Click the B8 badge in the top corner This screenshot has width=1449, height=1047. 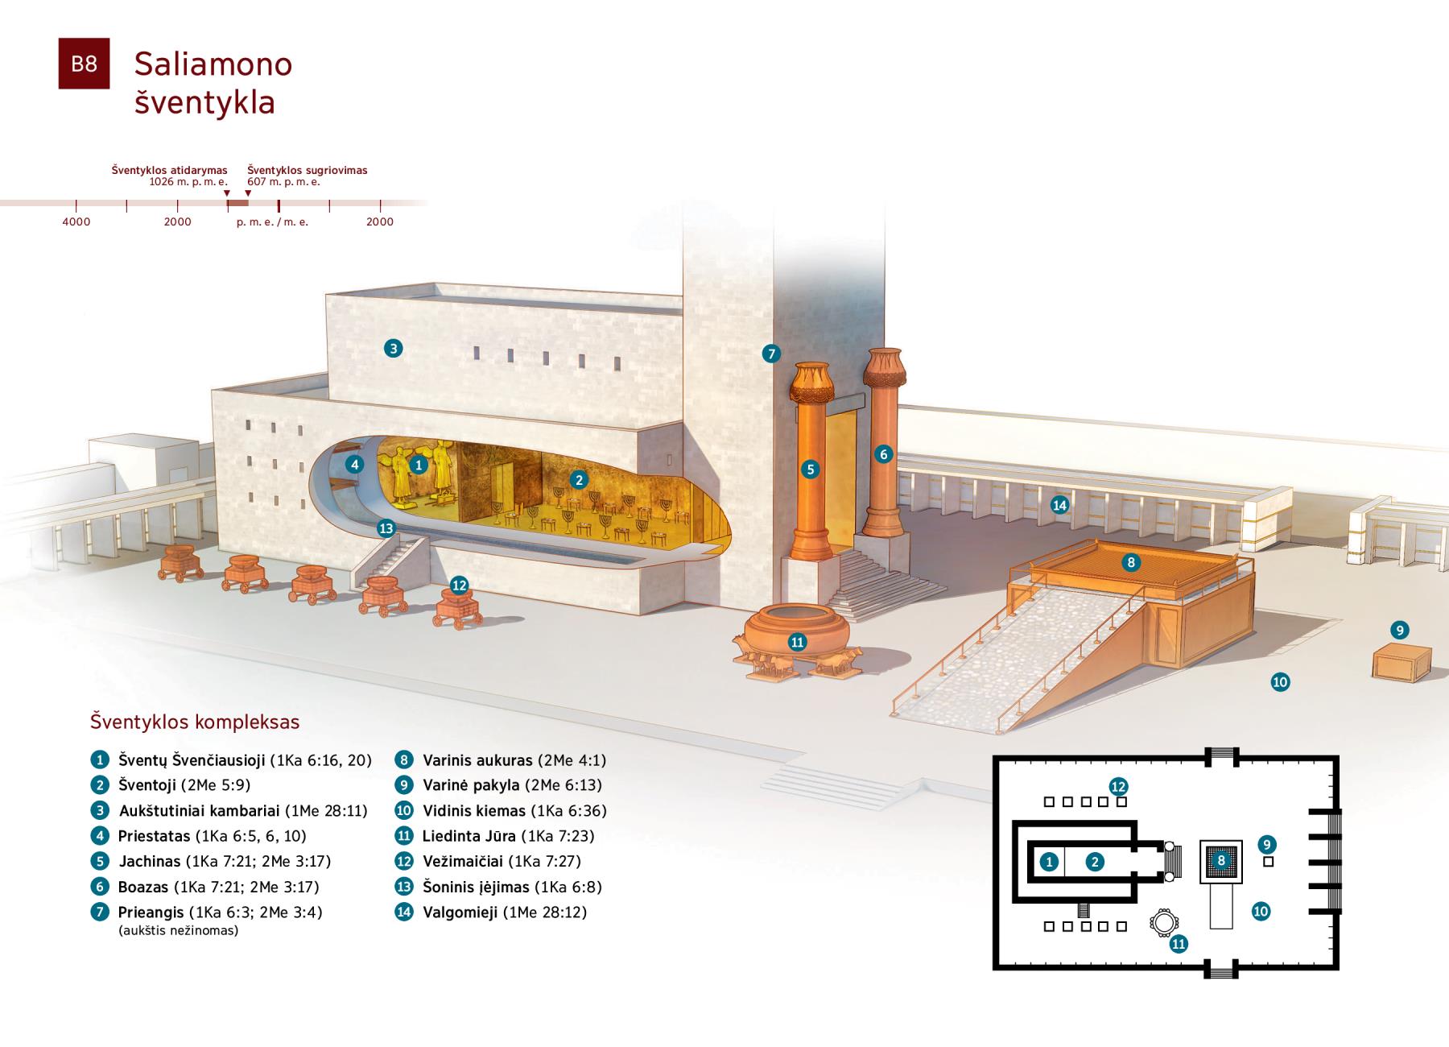pos(84,64)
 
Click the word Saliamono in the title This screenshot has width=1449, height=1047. pos(213,64)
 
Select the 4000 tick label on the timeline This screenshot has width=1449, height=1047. pos(76,221)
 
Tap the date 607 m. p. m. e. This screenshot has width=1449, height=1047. pos(283,182)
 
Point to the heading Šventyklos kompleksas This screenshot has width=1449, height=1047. pos(195,722)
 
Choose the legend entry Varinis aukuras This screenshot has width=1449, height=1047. pos(477,760)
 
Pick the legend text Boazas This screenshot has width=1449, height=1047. pos(143,887)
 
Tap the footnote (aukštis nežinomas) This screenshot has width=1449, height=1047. pos(178,931)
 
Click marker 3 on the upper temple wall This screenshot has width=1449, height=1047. pos(393,348)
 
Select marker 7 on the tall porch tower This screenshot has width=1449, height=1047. pos(771,353)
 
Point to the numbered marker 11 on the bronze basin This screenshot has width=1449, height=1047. pos(797,642)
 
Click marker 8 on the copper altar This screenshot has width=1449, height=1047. pos(1131,562)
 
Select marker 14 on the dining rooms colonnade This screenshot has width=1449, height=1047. pos(1059,505)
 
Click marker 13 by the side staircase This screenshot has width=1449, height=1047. pos(386,528)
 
